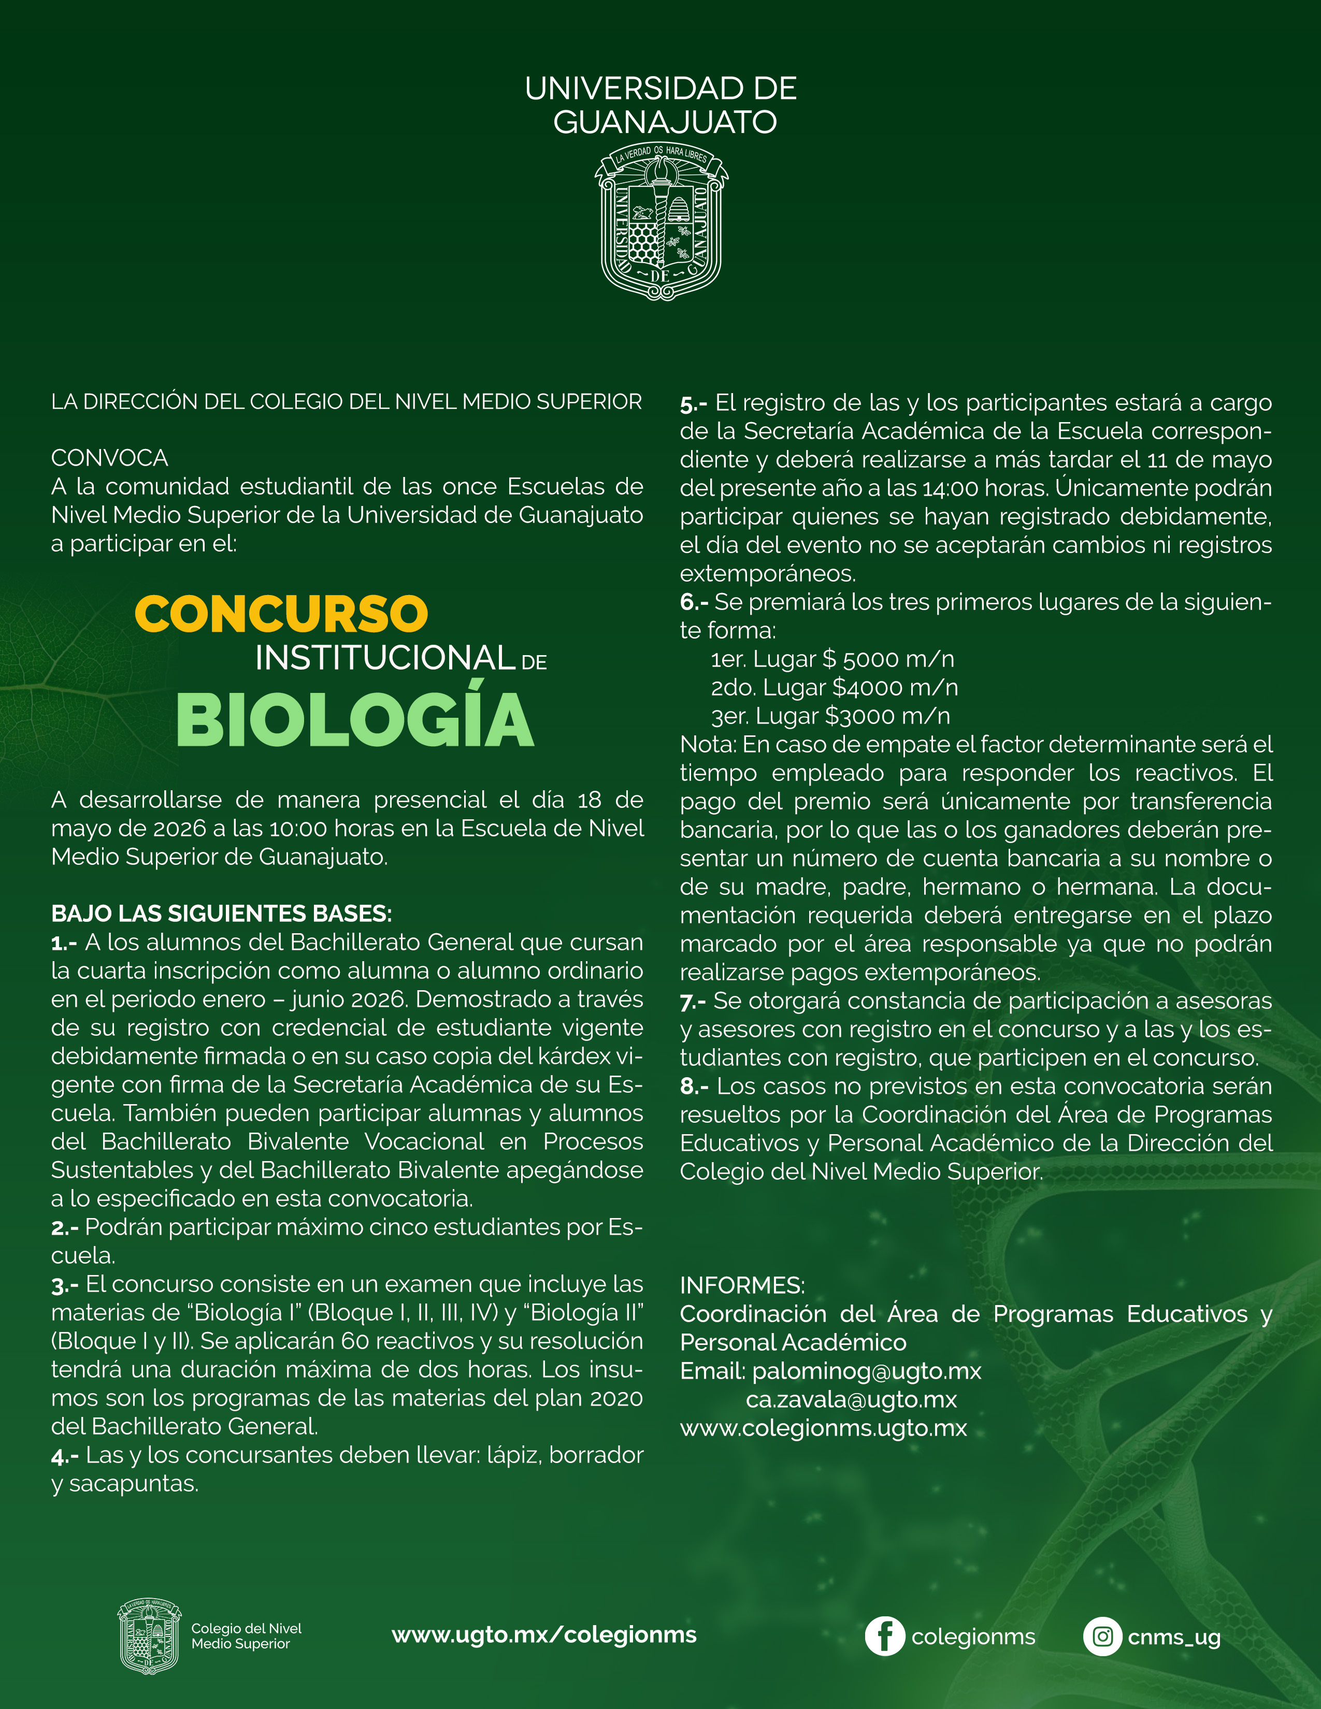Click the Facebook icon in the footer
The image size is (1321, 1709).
tap(884, 1636)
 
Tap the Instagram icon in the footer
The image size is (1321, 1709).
tap(1102, 1636)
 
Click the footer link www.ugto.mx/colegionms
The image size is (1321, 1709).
tap(544, 1634)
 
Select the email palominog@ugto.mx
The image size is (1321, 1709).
tap(866, 1371)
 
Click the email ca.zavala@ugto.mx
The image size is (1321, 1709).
tap(852, 1399)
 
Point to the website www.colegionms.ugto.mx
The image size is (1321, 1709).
tap(823, 1428)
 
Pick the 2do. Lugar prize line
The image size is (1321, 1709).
tap(834, 688)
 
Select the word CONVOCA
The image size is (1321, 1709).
tap(109, 458)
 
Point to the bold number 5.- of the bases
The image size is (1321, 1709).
tap(693, 404)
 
